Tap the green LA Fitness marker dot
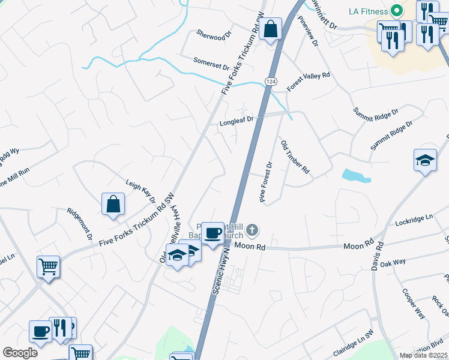(x=396, y=10)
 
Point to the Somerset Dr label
(x=211, y=63)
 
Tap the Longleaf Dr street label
(x=237, y=121)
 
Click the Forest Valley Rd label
(x=309, y=82)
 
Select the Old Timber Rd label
(x=295, y=157)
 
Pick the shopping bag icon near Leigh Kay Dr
(x=113, y=204)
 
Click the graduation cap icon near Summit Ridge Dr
(x=425, y=160)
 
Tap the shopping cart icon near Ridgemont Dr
(x=48, y=266)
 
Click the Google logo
(x=20, y=352)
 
